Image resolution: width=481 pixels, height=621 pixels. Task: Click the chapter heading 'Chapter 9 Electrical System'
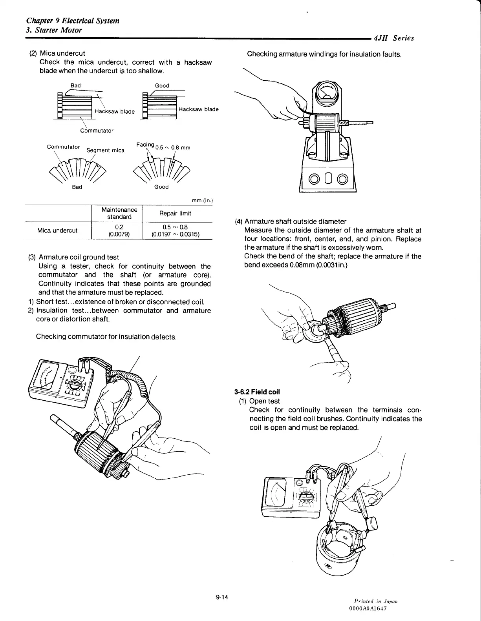(73, 20)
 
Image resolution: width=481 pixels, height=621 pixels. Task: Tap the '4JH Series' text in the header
(393, 38)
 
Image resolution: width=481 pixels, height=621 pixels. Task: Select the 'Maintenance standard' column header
(119, 213)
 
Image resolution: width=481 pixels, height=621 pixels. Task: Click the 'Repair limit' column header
(175, 213)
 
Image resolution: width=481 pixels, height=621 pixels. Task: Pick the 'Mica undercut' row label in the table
(57, 231)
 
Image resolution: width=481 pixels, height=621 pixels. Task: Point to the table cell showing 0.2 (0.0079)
(119, 231)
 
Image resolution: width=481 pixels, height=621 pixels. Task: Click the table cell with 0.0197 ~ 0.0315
(176, 234)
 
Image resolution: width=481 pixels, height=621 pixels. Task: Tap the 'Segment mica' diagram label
(105, 150)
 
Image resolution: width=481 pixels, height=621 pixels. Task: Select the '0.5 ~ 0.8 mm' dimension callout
(173, 147)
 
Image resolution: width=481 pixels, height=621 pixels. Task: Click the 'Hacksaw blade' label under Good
(198, 109)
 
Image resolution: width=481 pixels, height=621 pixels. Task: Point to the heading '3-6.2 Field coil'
(257, 392)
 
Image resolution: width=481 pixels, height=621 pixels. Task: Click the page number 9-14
(222, 597)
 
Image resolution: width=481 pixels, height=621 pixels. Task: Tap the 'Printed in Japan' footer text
(376, 601)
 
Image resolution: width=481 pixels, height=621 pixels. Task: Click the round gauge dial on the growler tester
(326, 93)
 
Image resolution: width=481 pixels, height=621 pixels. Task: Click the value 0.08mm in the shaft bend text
(302, 265)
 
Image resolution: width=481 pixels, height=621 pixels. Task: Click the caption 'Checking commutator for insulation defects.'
(106, 337)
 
